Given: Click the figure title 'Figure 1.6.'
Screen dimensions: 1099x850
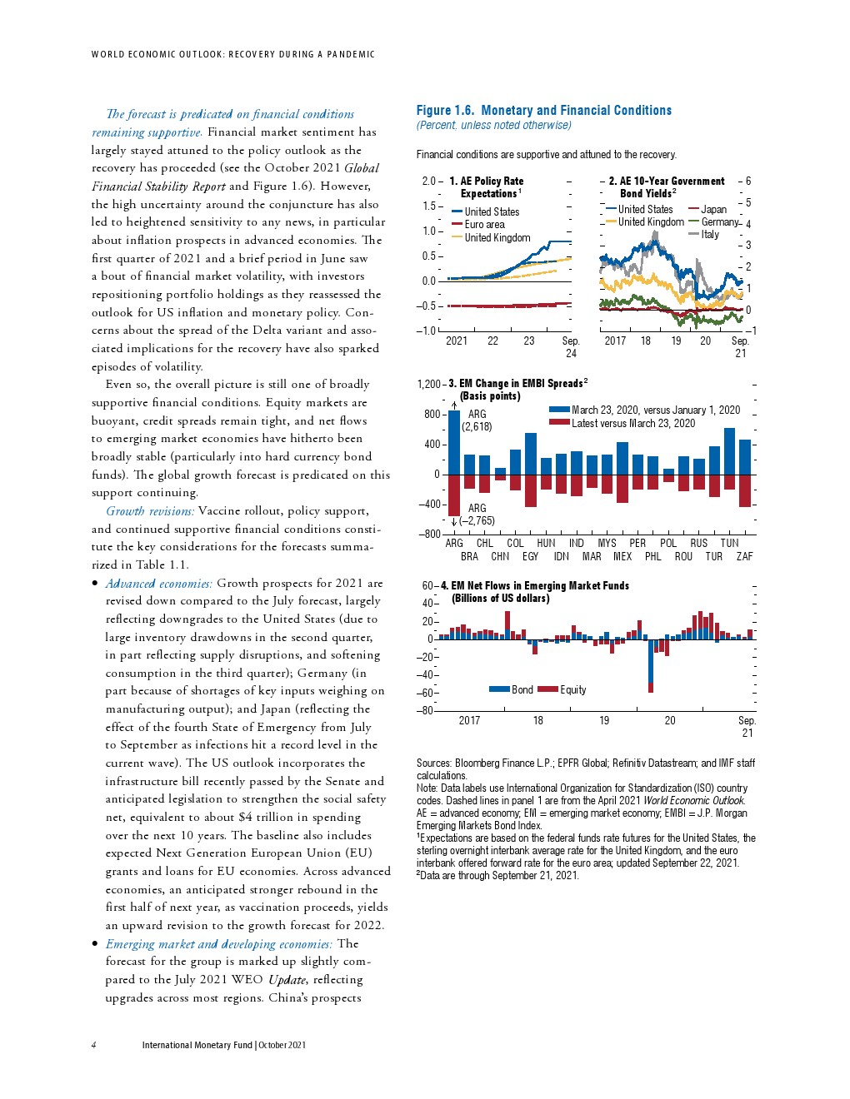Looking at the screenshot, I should [445, 110].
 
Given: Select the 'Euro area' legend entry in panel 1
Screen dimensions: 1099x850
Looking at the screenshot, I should [484, 225].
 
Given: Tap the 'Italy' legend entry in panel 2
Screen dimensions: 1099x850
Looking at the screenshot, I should [709, 235].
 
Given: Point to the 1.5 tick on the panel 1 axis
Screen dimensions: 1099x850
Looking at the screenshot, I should [429, 206].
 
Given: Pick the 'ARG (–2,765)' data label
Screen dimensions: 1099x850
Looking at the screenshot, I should [477, 515].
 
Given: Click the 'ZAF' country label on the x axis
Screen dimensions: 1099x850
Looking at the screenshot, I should [744, 556].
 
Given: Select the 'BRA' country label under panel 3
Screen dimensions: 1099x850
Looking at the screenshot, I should [469, 556].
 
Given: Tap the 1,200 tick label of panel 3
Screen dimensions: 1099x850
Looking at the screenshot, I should [428, 384].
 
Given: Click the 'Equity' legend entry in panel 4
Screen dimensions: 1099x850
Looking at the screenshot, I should [572, 689].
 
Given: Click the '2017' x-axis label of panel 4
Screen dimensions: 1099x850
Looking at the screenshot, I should [469, 720].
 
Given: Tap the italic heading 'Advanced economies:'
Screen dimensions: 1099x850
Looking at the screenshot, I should [158, 584].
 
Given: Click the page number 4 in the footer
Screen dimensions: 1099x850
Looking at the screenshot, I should [93, 1045].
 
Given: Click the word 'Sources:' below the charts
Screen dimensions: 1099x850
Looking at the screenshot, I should [434, 763].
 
